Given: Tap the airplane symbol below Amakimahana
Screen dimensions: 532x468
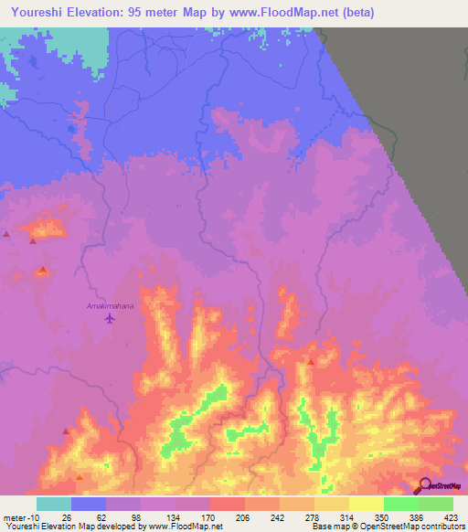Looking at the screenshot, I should click(x=111, y=319).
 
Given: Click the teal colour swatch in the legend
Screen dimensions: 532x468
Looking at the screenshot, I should click(x=53, y=505).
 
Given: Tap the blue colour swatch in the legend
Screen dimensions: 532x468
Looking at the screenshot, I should click(x=88, y=505).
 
